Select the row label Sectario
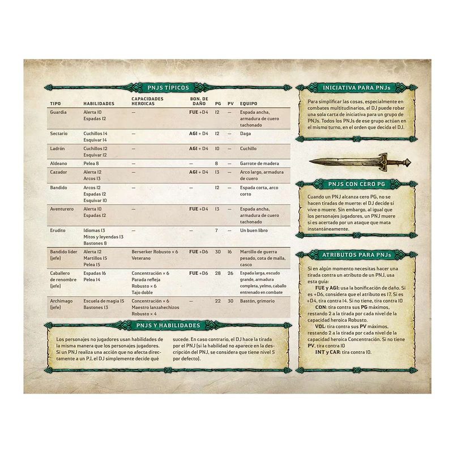[59, 133]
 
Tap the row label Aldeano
[59, 163]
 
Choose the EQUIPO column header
[249, 104]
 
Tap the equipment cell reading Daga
[246, 133]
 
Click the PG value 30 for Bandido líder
[217, 251]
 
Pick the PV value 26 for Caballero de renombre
[230, 273]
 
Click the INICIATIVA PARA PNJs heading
[357, 89]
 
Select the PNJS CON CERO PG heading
[357, 184]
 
